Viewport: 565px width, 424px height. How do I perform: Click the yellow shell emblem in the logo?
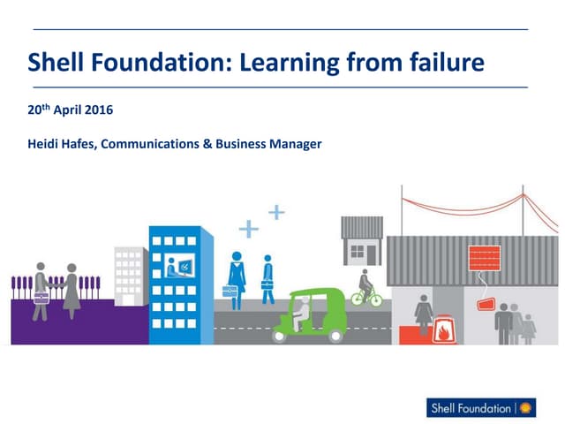528,408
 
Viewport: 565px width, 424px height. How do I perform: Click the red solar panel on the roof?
485,256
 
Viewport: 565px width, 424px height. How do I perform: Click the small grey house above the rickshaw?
362,239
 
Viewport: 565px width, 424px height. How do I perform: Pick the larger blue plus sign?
250,230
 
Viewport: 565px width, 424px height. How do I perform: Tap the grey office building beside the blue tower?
130,275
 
